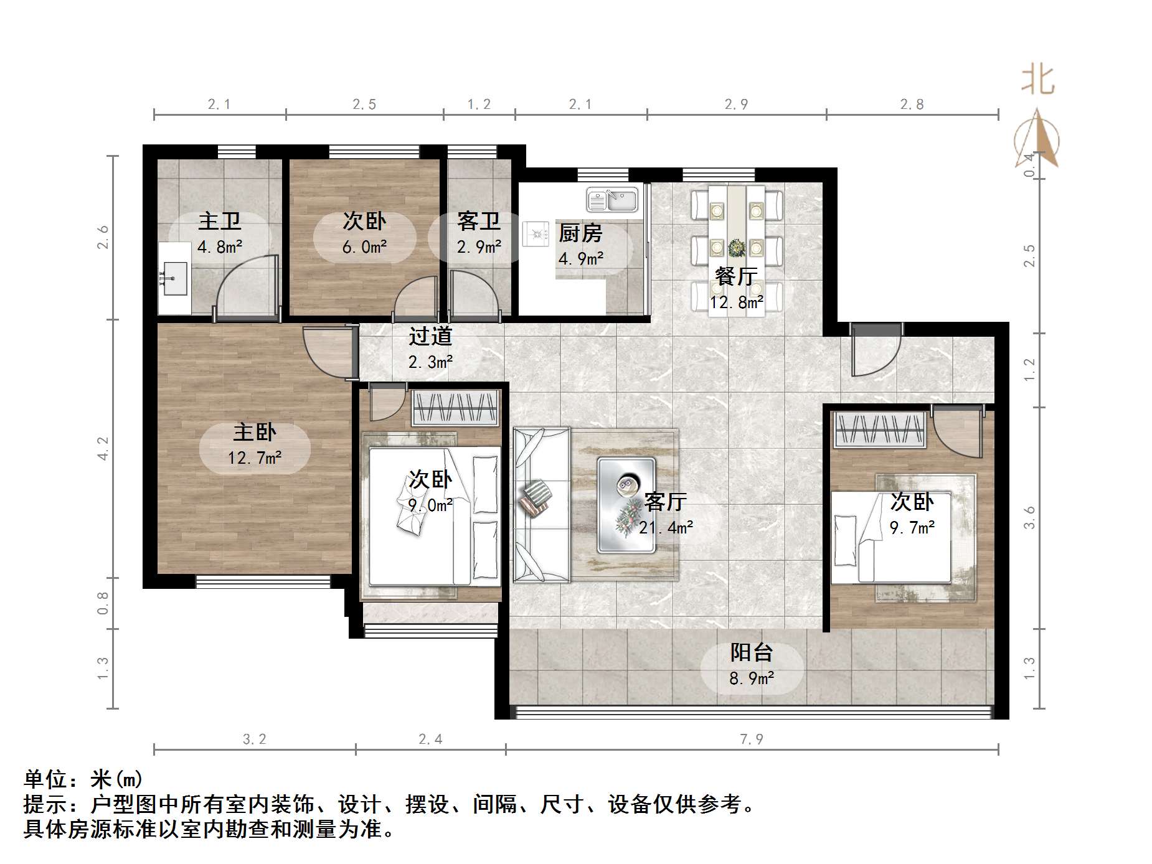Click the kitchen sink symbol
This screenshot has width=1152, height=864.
tap(612, 200)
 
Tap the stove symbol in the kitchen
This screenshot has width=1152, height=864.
tap(536, 233)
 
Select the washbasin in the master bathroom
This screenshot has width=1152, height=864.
tap(174, 278)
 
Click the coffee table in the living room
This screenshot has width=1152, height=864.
tap(626, 505)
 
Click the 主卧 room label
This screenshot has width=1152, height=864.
tap(255, 432)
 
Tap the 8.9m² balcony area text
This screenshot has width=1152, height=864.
tap(752, 678)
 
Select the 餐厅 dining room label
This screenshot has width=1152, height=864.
tap(736, 276)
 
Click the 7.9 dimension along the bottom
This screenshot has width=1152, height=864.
tap(752, 739)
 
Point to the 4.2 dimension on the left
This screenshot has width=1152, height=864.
tap(103, 448)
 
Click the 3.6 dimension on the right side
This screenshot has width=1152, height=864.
tap(1030, 517)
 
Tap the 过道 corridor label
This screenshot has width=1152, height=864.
tap(430, 337)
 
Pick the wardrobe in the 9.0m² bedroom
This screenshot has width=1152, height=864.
tap(456, 408)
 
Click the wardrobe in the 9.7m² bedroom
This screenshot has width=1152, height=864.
tap(879, 430)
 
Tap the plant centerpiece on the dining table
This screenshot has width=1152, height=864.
tap(737, 248)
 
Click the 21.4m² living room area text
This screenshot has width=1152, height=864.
tap(666, 528)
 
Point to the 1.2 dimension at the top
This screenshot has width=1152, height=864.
tap(479, 104)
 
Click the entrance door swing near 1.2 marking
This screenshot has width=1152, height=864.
tap(875, 352)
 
